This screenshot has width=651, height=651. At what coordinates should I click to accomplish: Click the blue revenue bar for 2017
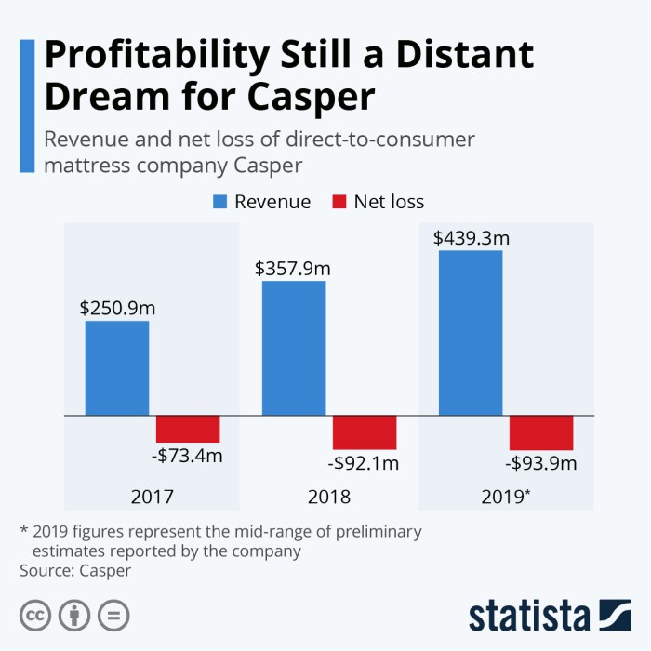[117, 368]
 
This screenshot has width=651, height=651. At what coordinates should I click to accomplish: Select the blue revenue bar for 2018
[294, 348]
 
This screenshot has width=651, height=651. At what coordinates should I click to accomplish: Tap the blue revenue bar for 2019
[471, 333]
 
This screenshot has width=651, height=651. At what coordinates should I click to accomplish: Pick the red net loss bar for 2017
[188, 429]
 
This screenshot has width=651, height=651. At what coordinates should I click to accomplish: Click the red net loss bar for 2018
[365, 432]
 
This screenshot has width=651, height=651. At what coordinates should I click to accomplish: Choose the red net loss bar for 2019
[541, 432]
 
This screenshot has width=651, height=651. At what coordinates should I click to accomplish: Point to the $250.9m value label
[116, 308]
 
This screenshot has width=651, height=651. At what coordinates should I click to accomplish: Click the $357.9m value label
[293, 268]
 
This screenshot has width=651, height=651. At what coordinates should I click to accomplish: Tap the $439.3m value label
[471, 237]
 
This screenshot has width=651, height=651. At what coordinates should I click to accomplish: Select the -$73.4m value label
[188, 457]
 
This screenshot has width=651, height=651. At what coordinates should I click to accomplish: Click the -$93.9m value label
[541, 463]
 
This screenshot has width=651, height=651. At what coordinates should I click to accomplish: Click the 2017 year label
[153, 497]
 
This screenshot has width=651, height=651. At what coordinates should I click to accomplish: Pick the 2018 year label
[329, 497]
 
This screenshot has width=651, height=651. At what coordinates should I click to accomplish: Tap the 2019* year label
[507, 497]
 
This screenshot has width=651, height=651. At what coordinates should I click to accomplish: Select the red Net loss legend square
[338, 201]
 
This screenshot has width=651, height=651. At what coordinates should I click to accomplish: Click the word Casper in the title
[312, 96]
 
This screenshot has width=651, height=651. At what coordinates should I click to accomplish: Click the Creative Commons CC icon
[35, 615]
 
